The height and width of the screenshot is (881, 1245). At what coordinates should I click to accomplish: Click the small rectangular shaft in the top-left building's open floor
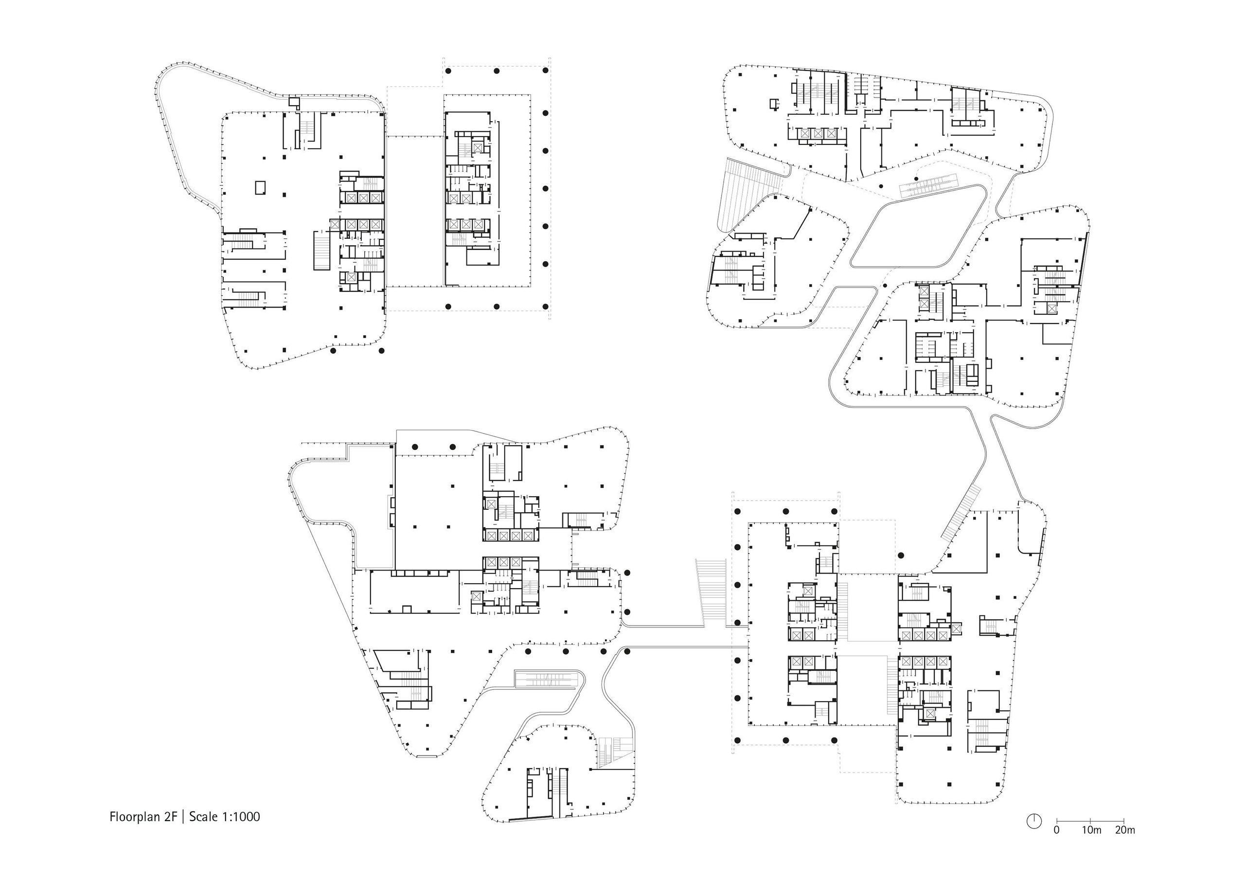(261, 187)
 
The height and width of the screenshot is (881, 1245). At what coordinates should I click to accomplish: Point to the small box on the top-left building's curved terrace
(293, 102)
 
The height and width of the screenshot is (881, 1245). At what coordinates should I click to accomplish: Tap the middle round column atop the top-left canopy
(496, 71)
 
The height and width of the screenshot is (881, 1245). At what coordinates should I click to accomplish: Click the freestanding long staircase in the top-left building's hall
(321, 250)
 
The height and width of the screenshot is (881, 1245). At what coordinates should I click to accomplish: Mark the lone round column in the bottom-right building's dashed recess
(901, 555)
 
